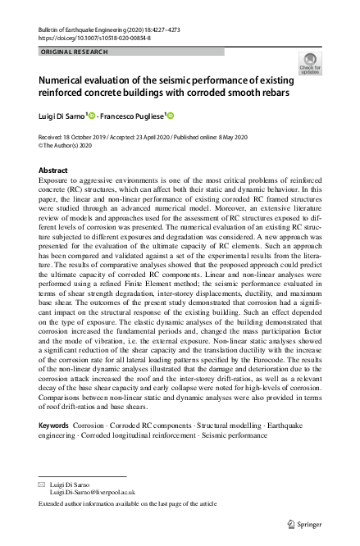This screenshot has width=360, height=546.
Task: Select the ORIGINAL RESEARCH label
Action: tap(72, 52)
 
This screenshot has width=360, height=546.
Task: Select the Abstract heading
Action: tap(53, 170)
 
